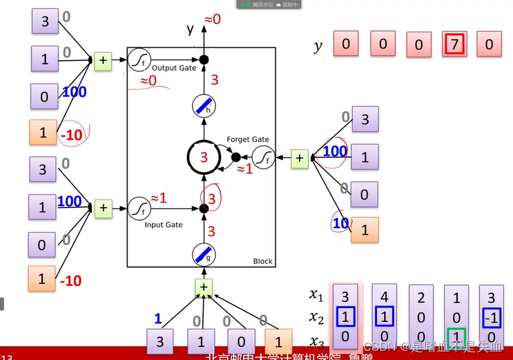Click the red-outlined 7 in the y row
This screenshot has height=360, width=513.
(454, 45)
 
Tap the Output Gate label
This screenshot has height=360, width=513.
(174, 68)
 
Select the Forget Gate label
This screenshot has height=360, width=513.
(248, 139)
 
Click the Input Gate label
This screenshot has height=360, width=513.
(163, 225)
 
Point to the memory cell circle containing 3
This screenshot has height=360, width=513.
(204, 158)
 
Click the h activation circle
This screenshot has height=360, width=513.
(204, 106)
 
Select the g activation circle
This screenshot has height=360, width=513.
(204, 254)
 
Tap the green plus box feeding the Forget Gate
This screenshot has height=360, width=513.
(300, 158)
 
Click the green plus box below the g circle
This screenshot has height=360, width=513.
(204, 287)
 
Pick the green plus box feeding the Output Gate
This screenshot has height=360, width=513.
(103, 60)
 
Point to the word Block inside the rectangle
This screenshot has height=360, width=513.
(263, 261)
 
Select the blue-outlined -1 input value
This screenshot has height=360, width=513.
(491, 318)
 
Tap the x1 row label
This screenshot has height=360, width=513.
(317, 295)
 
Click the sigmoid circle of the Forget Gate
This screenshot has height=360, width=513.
(264, 158)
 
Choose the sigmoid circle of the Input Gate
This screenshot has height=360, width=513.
(139, 208)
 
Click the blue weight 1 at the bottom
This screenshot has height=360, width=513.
(158, 319)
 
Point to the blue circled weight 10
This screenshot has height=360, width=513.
(340, 224)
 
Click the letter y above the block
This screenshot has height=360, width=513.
(190, 28)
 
